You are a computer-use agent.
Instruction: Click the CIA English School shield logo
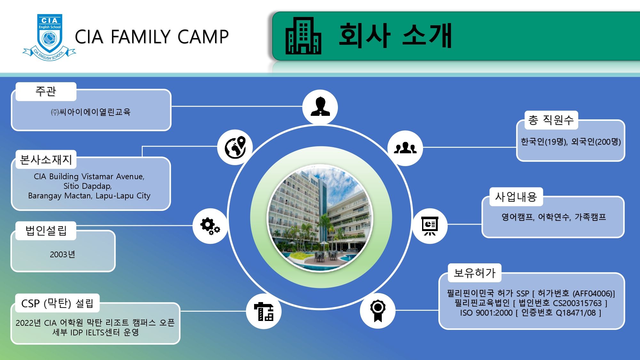coord(49,37)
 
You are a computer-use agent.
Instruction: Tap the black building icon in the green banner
coord(303,36)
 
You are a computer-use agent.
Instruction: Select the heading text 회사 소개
coord(396,36)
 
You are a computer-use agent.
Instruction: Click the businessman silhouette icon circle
coord(320,107)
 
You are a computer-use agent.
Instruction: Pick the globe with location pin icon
coord(235,148)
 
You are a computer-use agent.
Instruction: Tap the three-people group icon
coord(405,148)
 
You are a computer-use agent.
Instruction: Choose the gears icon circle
coord(210,226)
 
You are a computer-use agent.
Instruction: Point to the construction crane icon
coord(264,311)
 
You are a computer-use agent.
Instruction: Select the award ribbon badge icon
coord(378,311)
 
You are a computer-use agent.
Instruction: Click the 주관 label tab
coord(46,92)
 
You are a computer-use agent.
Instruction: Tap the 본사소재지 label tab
coord(46,159)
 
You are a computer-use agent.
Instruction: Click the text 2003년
coord(62,254)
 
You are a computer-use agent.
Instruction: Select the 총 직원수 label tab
coord(551,120)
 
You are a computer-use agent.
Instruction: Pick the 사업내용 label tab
coord(516,196)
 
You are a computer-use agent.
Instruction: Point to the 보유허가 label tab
coord(475,273)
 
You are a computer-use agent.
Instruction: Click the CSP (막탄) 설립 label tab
coord(57,303)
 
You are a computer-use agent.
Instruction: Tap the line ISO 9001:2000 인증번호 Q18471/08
coord(531,313)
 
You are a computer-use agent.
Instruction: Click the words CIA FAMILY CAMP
coord(152,36)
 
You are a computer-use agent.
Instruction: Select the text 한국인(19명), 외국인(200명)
coord(571,141)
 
